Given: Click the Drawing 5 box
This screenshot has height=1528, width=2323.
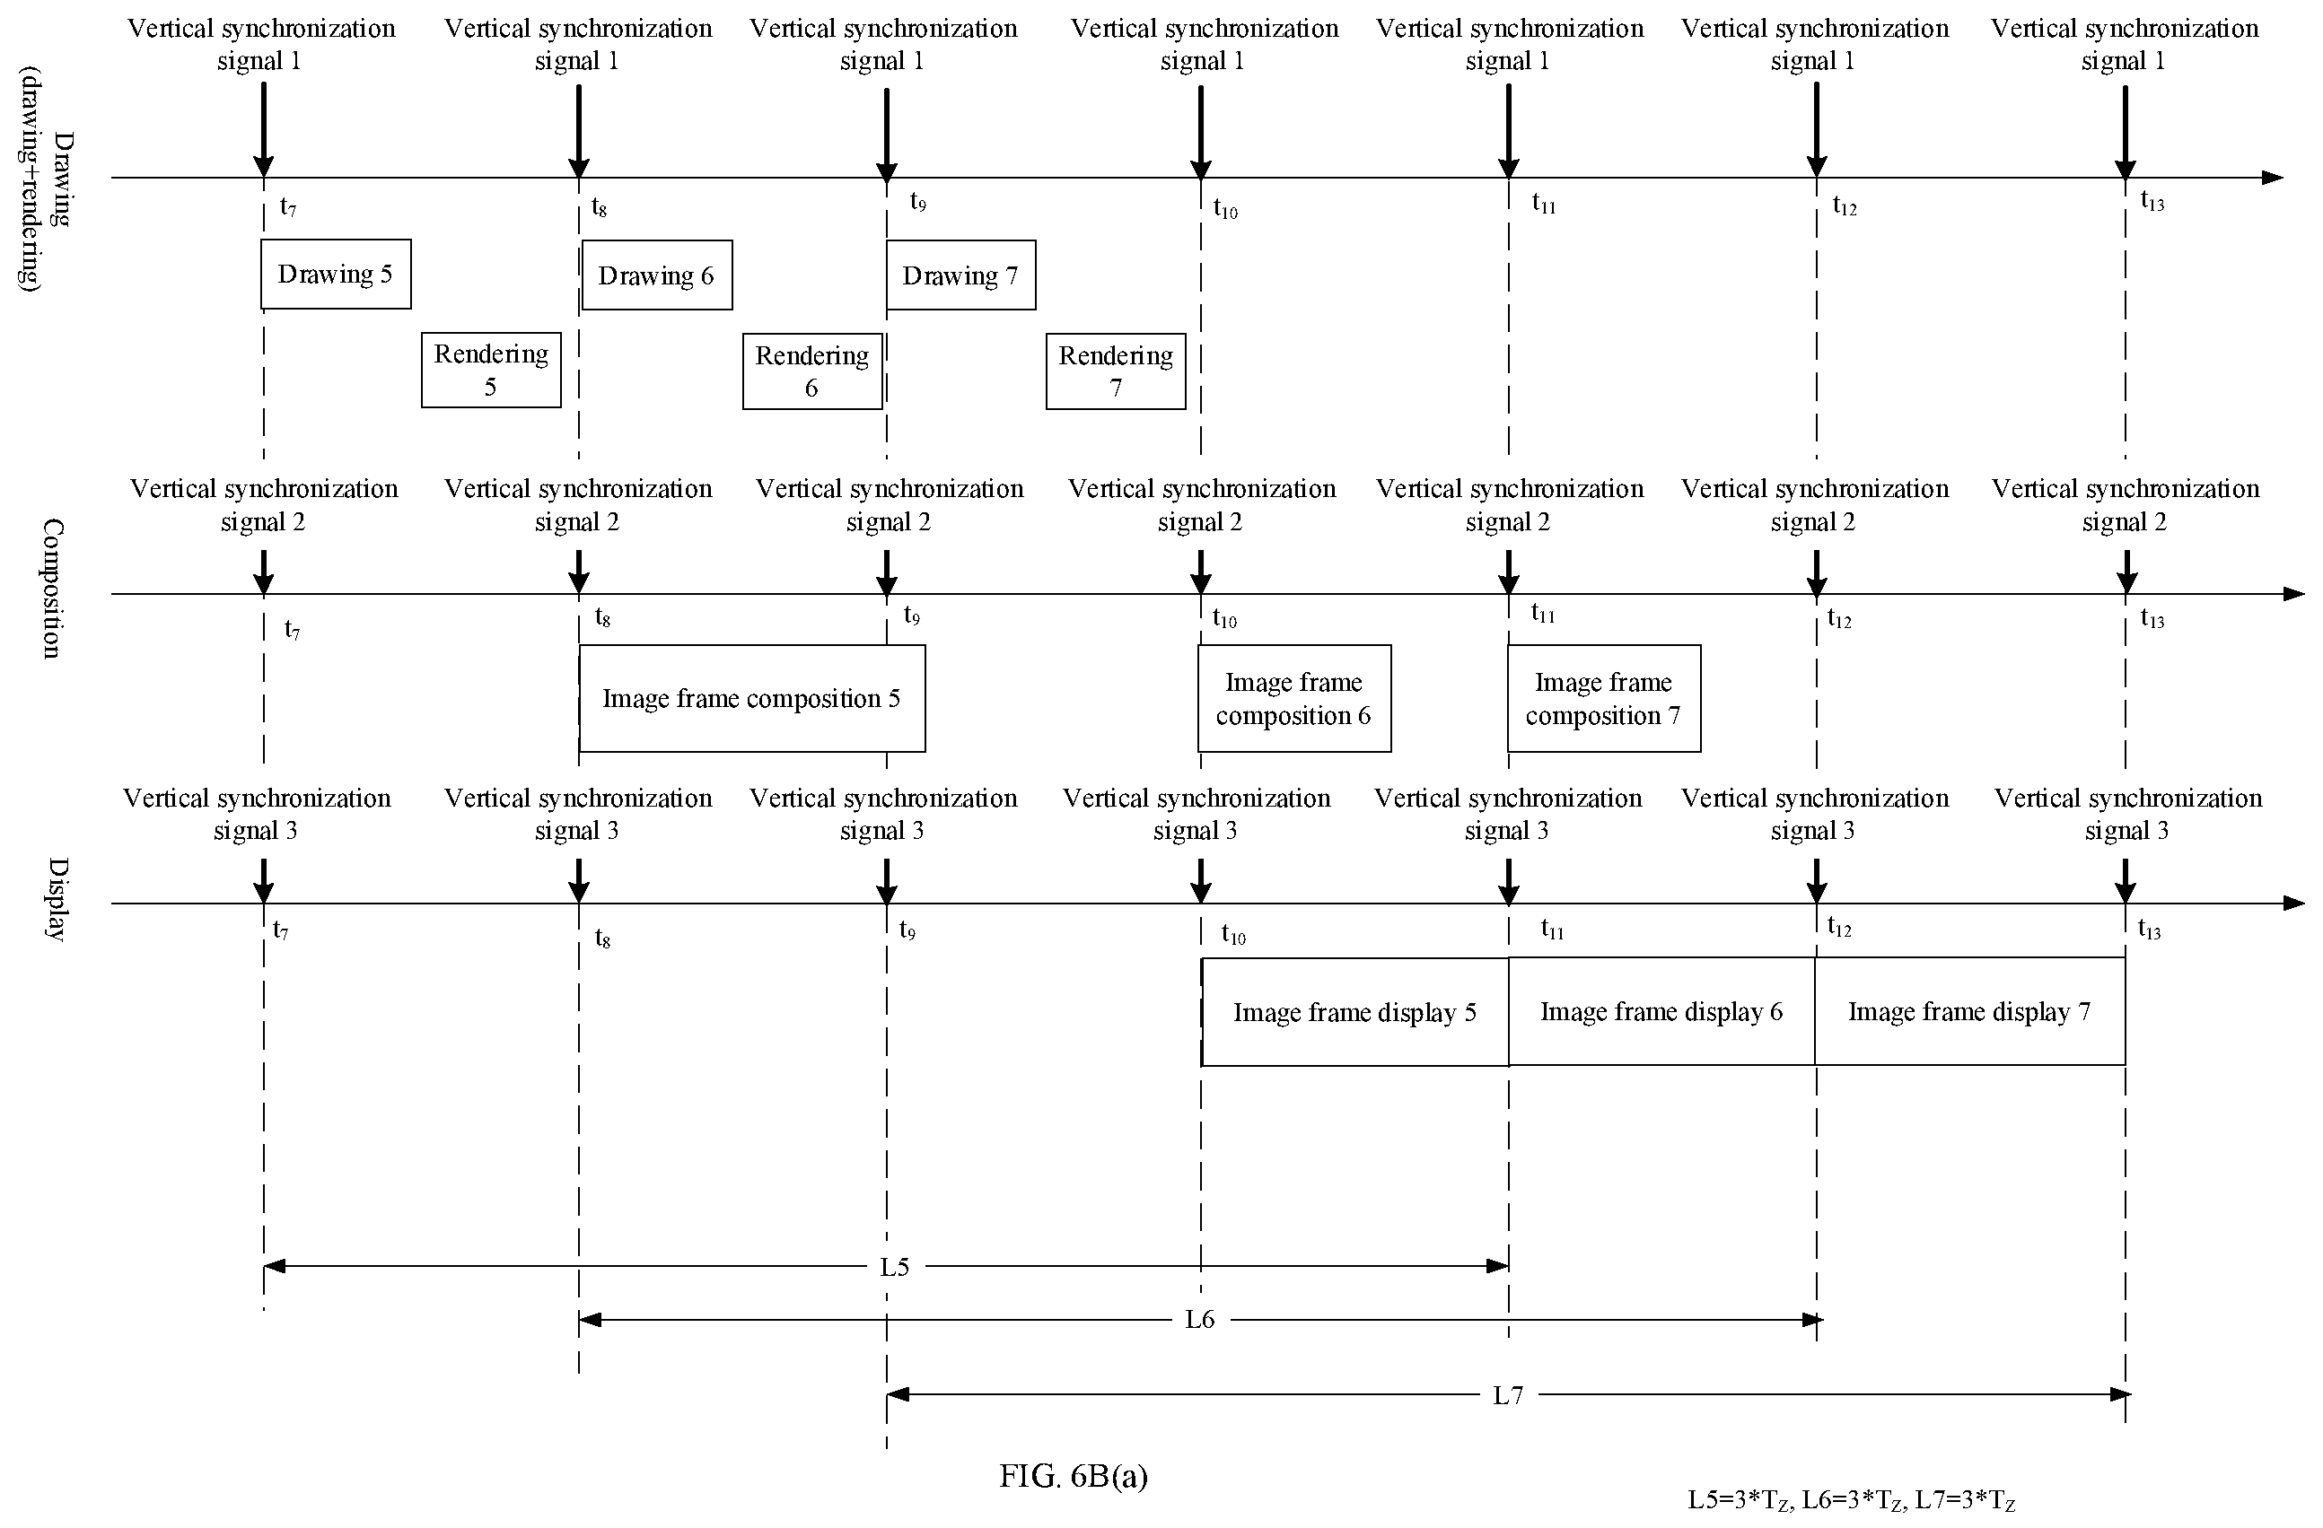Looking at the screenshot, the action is pyautogui.click(x=336, y=275).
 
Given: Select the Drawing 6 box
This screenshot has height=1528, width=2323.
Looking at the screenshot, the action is pyautogui.click(x=657, y=275).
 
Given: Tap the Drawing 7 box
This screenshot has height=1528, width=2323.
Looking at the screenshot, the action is pyautogui.click(x=960, y=275).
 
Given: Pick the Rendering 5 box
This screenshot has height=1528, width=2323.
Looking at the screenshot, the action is pyautogui.click(x=491, y=370).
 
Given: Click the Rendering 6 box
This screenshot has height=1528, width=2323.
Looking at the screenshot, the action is pyautogui.click(x=812, y=371).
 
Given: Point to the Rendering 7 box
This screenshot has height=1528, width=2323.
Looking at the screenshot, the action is pyautogui.click(x=1116, y=371).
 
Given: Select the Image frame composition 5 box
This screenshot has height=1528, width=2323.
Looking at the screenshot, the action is pyautogui.click(x=751, y=699).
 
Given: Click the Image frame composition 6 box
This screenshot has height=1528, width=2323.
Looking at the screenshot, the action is pyautogui.click(x=1294, y=699).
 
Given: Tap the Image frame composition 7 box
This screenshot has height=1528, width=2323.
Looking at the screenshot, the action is pyautogui.click(x=1604, y=699).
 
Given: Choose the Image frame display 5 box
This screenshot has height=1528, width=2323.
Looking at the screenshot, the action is pyautogui.click(x=1354, y=1012).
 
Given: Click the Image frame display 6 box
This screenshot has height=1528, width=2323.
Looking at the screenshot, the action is pyautogui.click(x=1661, y=1011).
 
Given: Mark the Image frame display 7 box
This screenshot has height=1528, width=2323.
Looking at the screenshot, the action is pyautogui.click(x=1969, y=1011).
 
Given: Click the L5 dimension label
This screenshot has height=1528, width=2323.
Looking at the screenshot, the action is pyautogui.click(x=894, y=1268).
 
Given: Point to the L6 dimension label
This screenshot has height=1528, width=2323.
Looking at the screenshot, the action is pyautogui.click(x=1199, y=1320).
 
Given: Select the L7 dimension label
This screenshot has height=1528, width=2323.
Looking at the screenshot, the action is pyautogui.click(x=1508, y=1395).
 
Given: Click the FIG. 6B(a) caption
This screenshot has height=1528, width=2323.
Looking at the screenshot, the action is pyautogui.click(x=1074, y=1475).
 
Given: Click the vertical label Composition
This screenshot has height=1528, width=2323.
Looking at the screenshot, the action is pyautogui.click(x=53, y=589).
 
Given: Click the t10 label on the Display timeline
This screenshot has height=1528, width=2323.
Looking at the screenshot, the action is pyautogui.click(x=1233, y=935).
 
